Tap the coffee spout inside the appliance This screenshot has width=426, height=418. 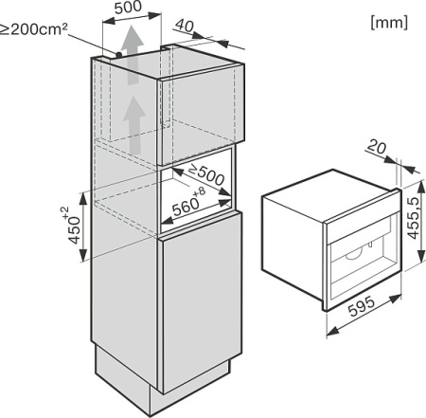355,254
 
